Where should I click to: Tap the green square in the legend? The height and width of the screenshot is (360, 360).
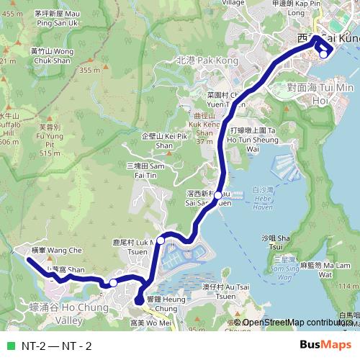(x=9, y=346)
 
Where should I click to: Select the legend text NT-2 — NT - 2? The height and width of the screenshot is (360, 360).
(x=57, y=346)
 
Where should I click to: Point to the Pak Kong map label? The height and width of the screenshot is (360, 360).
(x=207, y=61)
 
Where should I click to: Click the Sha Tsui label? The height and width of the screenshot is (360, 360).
(x=269, y=241)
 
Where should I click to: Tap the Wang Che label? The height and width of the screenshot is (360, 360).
(x=53, y=250)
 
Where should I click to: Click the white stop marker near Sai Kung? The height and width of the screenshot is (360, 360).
(x=324, y=53)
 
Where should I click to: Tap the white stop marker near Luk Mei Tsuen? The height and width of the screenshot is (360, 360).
(x=161, y=240)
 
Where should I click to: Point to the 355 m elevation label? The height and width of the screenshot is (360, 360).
(x=89, y=70)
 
